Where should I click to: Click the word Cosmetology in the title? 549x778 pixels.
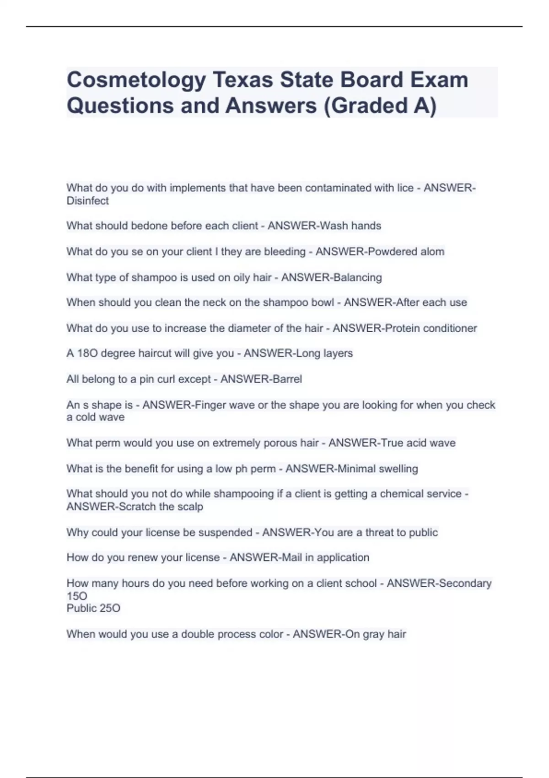[x=136, y=81]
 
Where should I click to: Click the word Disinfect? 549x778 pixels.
[x=87, y=201]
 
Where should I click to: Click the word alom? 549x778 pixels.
[x=432, y=252]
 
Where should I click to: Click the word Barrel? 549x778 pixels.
[x=286, y=379]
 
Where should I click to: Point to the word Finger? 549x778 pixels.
[x=209, y=405]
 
